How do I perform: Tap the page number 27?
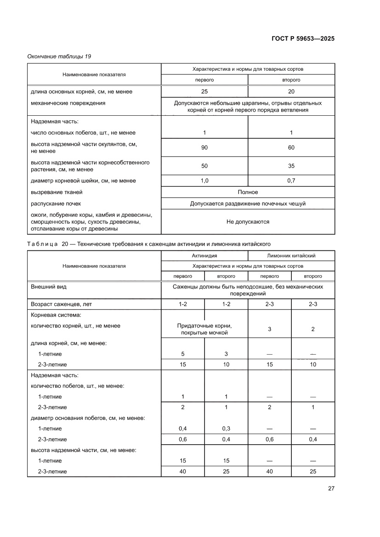pyautogui.click(x=331, y=488)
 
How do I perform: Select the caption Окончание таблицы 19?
pyautogui.click(x=59, y=57)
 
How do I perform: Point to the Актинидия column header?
pyautogui.click(x=204, y=255)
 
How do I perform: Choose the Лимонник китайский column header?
pyautogui.click(x=291, y=255)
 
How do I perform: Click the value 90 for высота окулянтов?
pyautogui.click(x=204, y=147)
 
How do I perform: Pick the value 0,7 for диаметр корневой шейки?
pyautogui.click(x=291, y=181)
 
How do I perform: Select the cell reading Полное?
pyautogui.click(x=248, y=192)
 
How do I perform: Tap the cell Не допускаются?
pyautogui.click(x=248, y=221)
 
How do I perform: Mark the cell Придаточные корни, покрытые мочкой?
pyautogui.click(x=204, y=329)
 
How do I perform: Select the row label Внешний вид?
pyautogui.click(x=48, y=287)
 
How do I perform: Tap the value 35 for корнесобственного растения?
pyautogui.click(x=291, y=166)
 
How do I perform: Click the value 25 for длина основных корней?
pyautogui.click(x=204, y=91)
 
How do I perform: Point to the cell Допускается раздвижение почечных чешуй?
pyautogui.click(x=248, y=203)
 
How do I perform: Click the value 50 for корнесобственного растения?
pyautogui.click(x=204, y=166)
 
